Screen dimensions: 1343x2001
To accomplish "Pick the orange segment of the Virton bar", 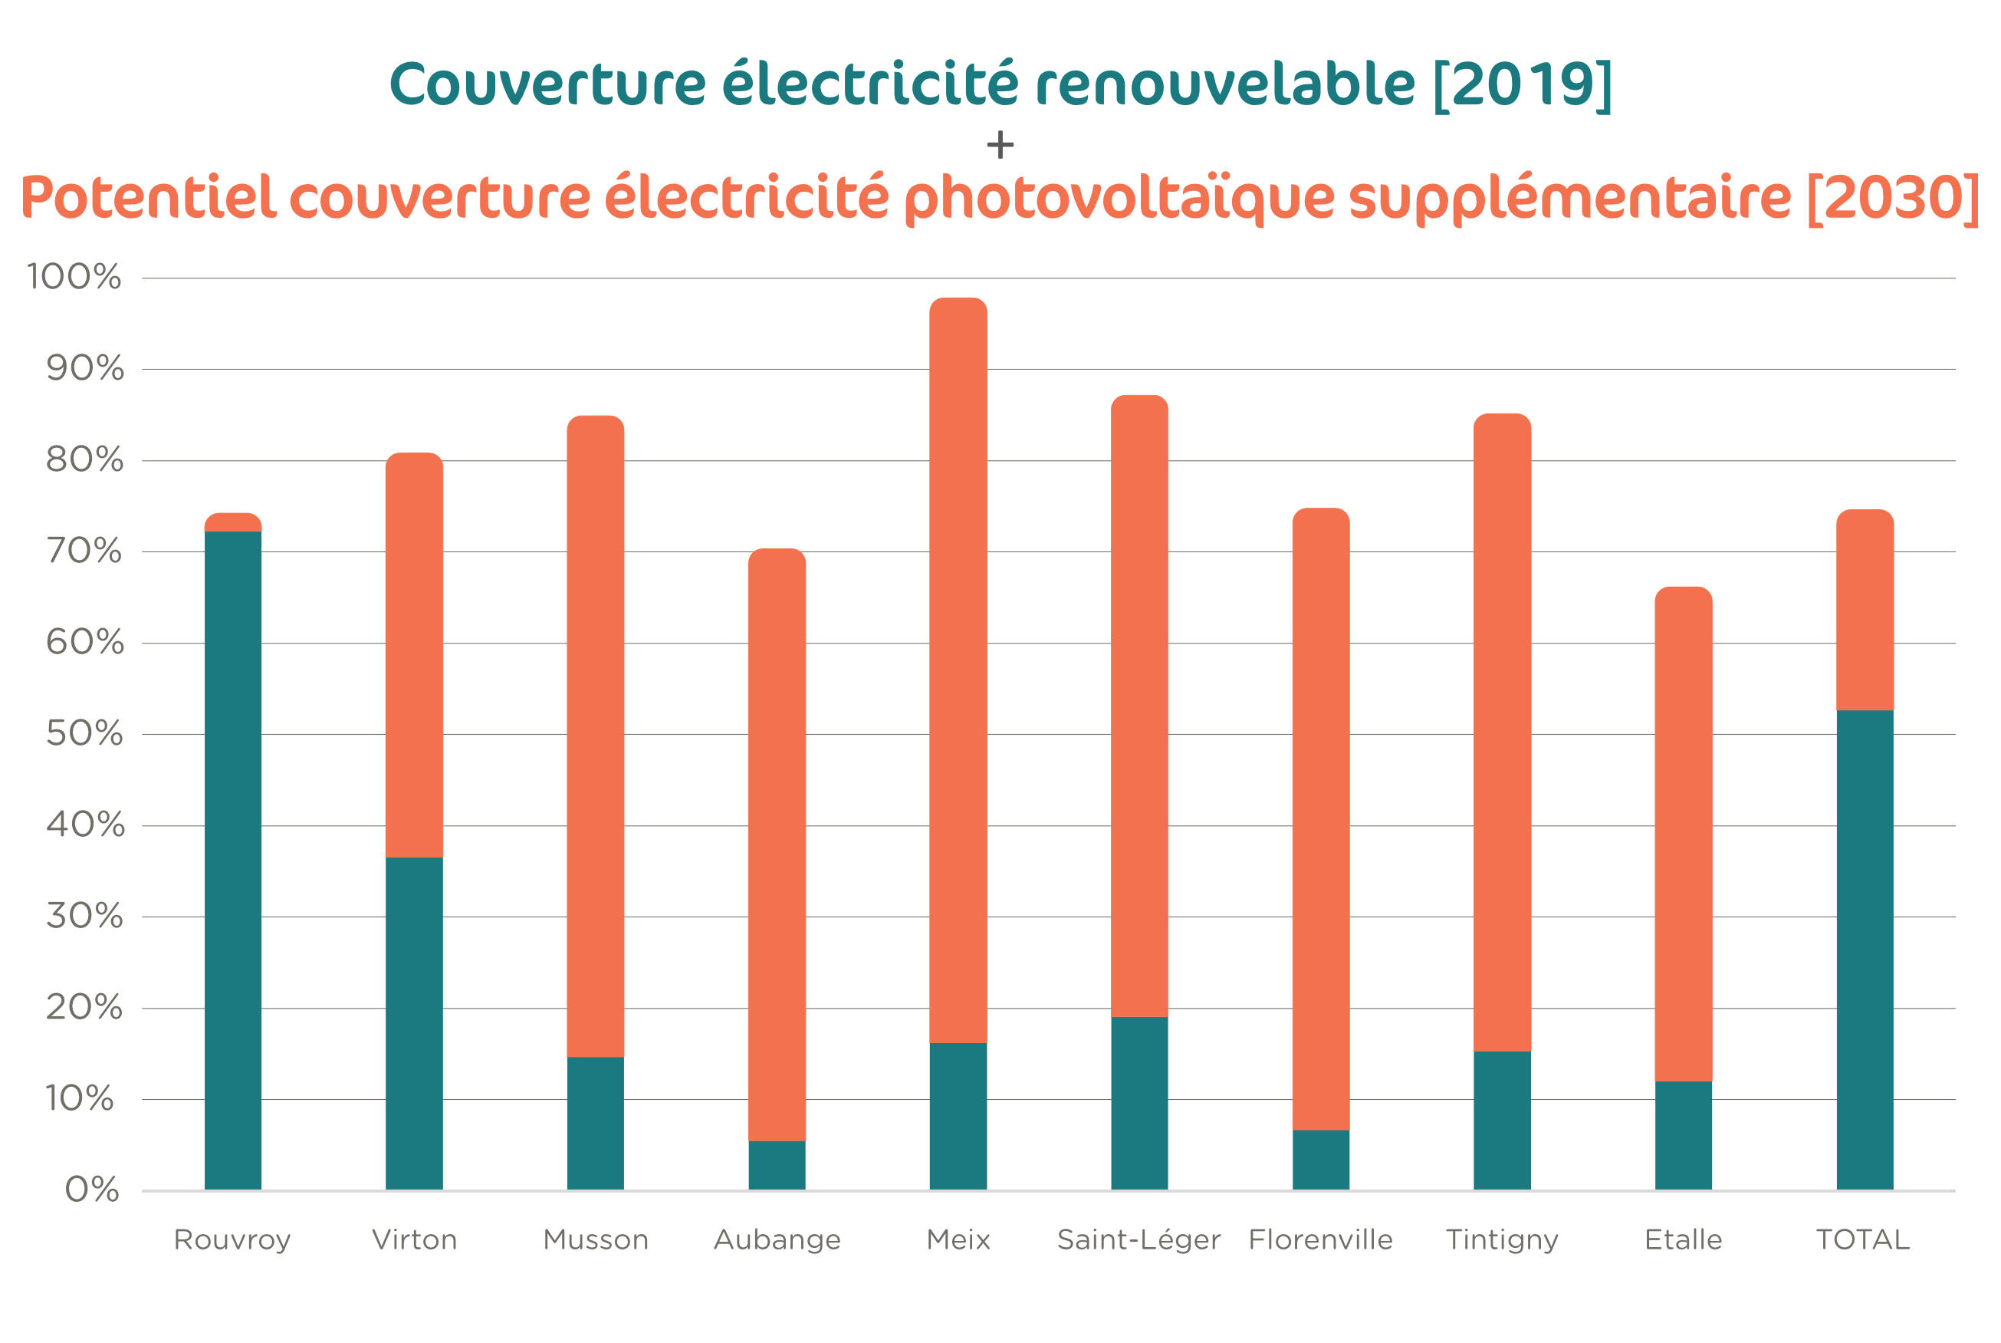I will [415, 655].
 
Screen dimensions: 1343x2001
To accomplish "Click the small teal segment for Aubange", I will [777, 1165].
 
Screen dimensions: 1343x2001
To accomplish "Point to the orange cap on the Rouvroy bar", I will [233, 522].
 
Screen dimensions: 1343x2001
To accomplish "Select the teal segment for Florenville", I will [1320, 1160].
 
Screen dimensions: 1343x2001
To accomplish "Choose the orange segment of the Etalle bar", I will [1684, 834].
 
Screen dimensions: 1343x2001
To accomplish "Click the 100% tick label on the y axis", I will [74, 277].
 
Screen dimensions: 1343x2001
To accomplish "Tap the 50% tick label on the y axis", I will [84, 733].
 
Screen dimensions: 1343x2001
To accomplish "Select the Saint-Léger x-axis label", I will [1138, 1239].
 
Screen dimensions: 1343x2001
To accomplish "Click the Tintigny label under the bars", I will [1502, 1239].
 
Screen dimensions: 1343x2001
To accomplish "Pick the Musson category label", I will [596, 1239].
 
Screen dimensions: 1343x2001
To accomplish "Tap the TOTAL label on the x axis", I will [1863, 1239].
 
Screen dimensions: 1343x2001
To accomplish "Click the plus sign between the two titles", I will [1000, 145].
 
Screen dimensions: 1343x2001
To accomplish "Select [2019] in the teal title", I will [1523, 86].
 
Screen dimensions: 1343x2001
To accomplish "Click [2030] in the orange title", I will [1893, 198].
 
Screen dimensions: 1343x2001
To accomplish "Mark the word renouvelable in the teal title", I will [1225, 86].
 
